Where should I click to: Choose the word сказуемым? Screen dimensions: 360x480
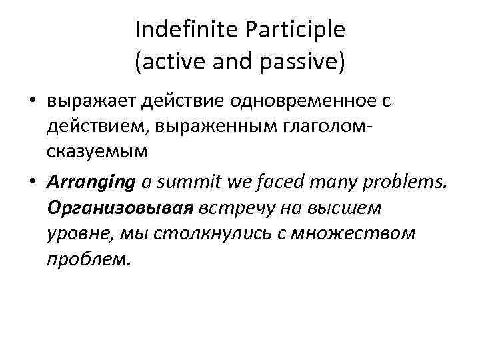point(96,153)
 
